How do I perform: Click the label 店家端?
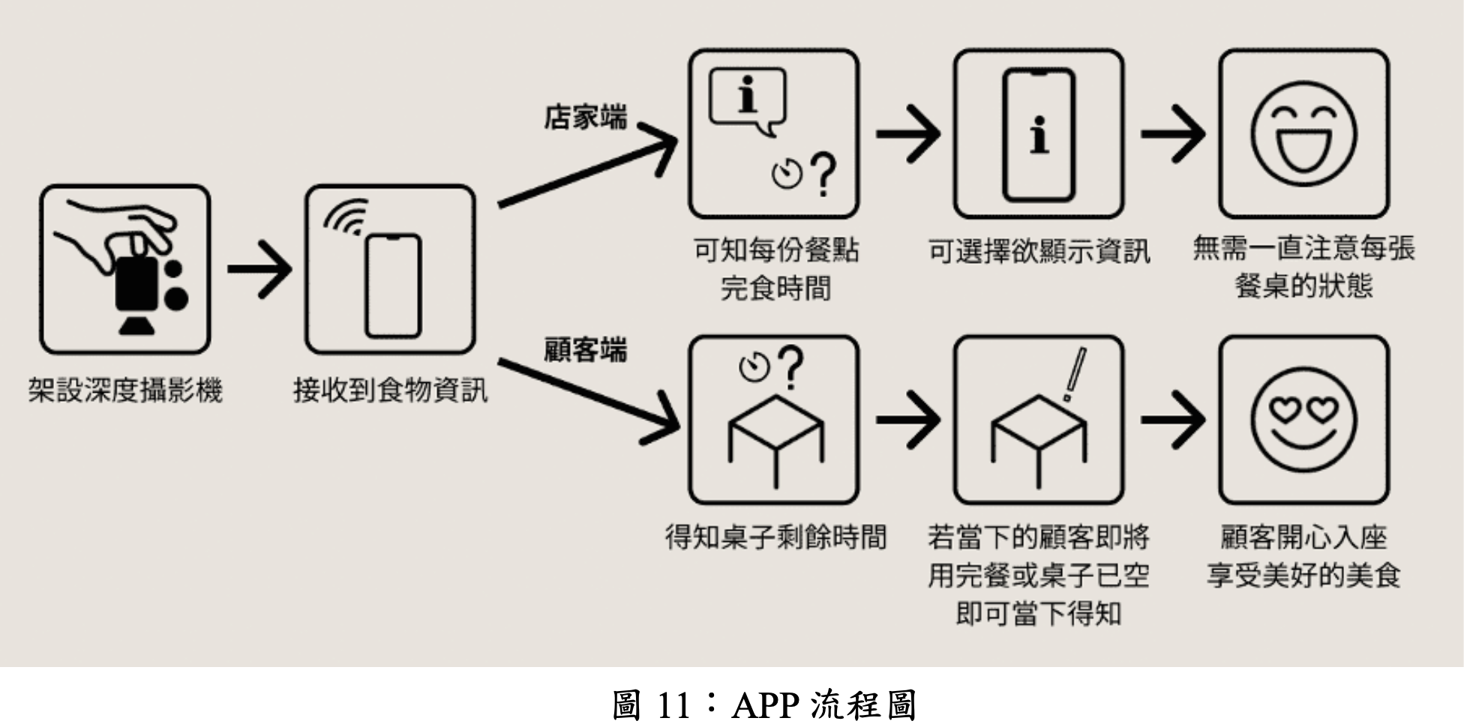click(x=585, y=118)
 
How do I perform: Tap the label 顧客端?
click(x=585, y=350)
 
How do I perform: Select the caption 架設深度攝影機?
click(x=125, y=390)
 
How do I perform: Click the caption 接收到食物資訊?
click(x=390, y=390)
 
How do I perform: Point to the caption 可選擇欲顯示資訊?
click(x=1039, y=251)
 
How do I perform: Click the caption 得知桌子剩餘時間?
click(x=775, y=537)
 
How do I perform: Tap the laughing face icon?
click(x=1303, y=134)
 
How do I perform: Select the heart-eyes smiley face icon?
click(x=1303, y=419)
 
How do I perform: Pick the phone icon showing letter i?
click(x=1039, y=135)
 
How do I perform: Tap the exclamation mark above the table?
click(x=1074, y=375)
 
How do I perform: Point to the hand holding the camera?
click(x=120, y=229)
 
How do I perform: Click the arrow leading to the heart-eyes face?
click(x=1171, y=419)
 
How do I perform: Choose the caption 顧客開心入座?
click(x=1303, y=537)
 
